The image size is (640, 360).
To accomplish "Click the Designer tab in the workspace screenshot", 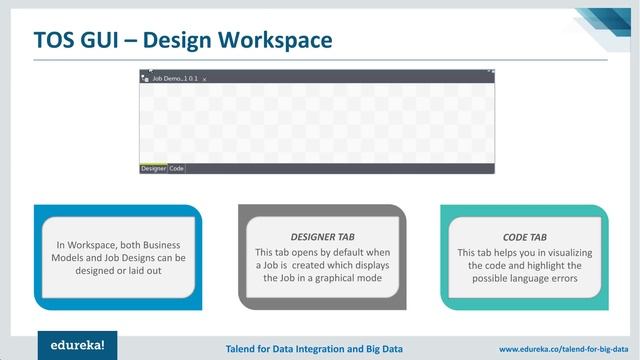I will (153, 169).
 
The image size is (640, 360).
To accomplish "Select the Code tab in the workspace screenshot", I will (176, 169).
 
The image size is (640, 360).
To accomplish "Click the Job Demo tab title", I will (173, 77).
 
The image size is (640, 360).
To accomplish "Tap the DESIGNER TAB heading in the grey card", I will (322, 237).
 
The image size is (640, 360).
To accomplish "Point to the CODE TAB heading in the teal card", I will (523, 238).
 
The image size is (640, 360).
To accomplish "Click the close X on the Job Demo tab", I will (205, 78).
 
